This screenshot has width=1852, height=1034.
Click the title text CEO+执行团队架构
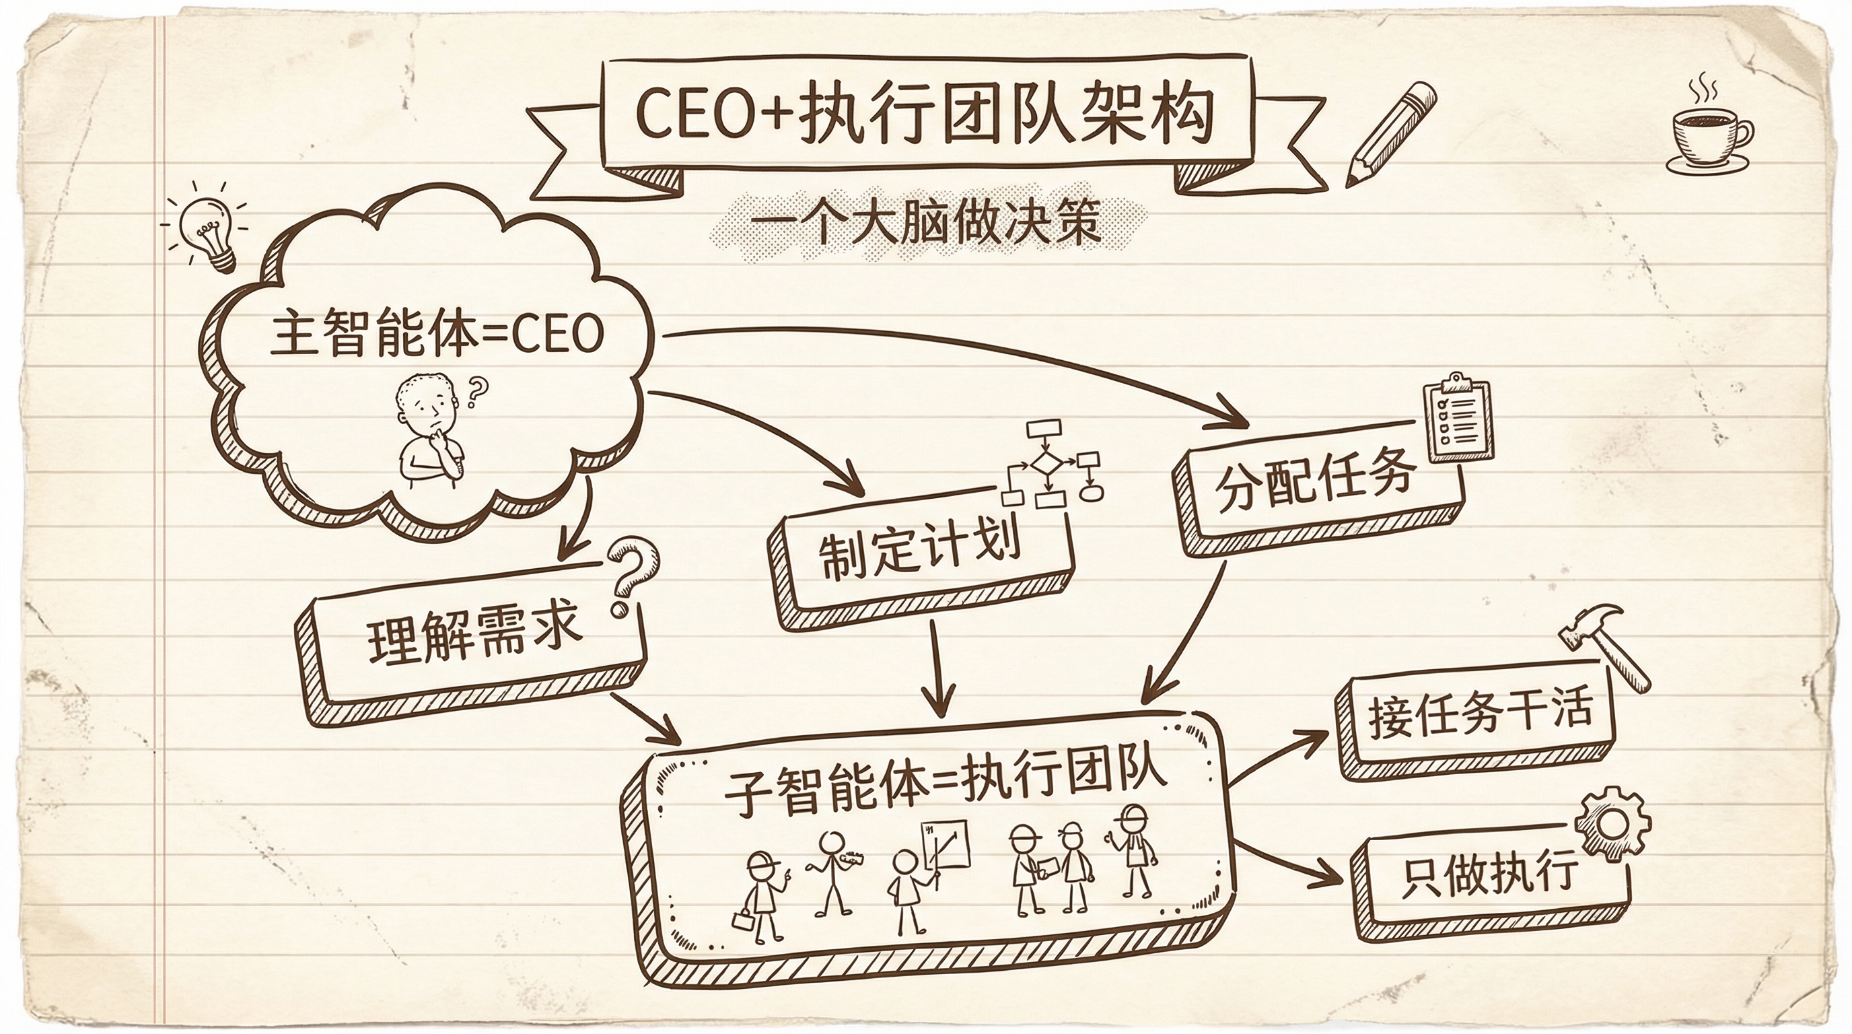click(x=925, y=114)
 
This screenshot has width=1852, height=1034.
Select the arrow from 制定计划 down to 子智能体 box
click(x=938, y=668)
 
